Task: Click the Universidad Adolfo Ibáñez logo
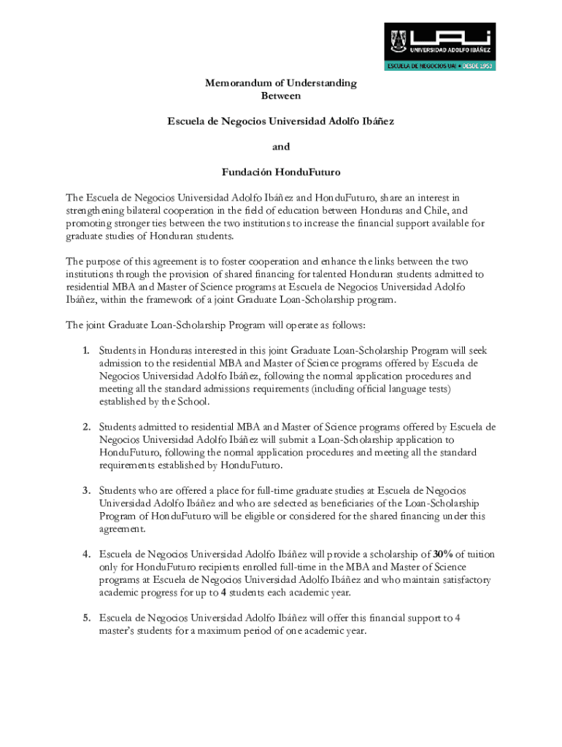pyautogui.click(x=440, y=47)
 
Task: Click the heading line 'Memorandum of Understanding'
pyautogui.click(x=281, y=83)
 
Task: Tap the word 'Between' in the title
pyautogui.click(x=281, y=96)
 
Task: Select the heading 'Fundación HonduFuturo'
pyautogui.click(x=281, y=172)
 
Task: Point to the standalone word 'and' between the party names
pyautogui.click(x=281, y=147)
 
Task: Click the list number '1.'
pyautogui.click(x=86, y=351)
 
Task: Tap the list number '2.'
pyautogui.click(x=86, y=427)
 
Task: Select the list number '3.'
pyautogui.click(x=86, y=490)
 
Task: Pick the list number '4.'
pyautogui.click(x=86, y=554)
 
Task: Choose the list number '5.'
pyautogui.click(x=86, y=619)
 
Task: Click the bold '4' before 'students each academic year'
pyautogui.click(x=223, y=592)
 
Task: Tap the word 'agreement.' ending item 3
pyautogui.click(x=123, y=529)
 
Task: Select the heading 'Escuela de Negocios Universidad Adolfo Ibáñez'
pyautogui.click(x=281, y=121)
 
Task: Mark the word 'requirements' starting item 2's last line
pyautogui.click(x=128, y=465)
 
